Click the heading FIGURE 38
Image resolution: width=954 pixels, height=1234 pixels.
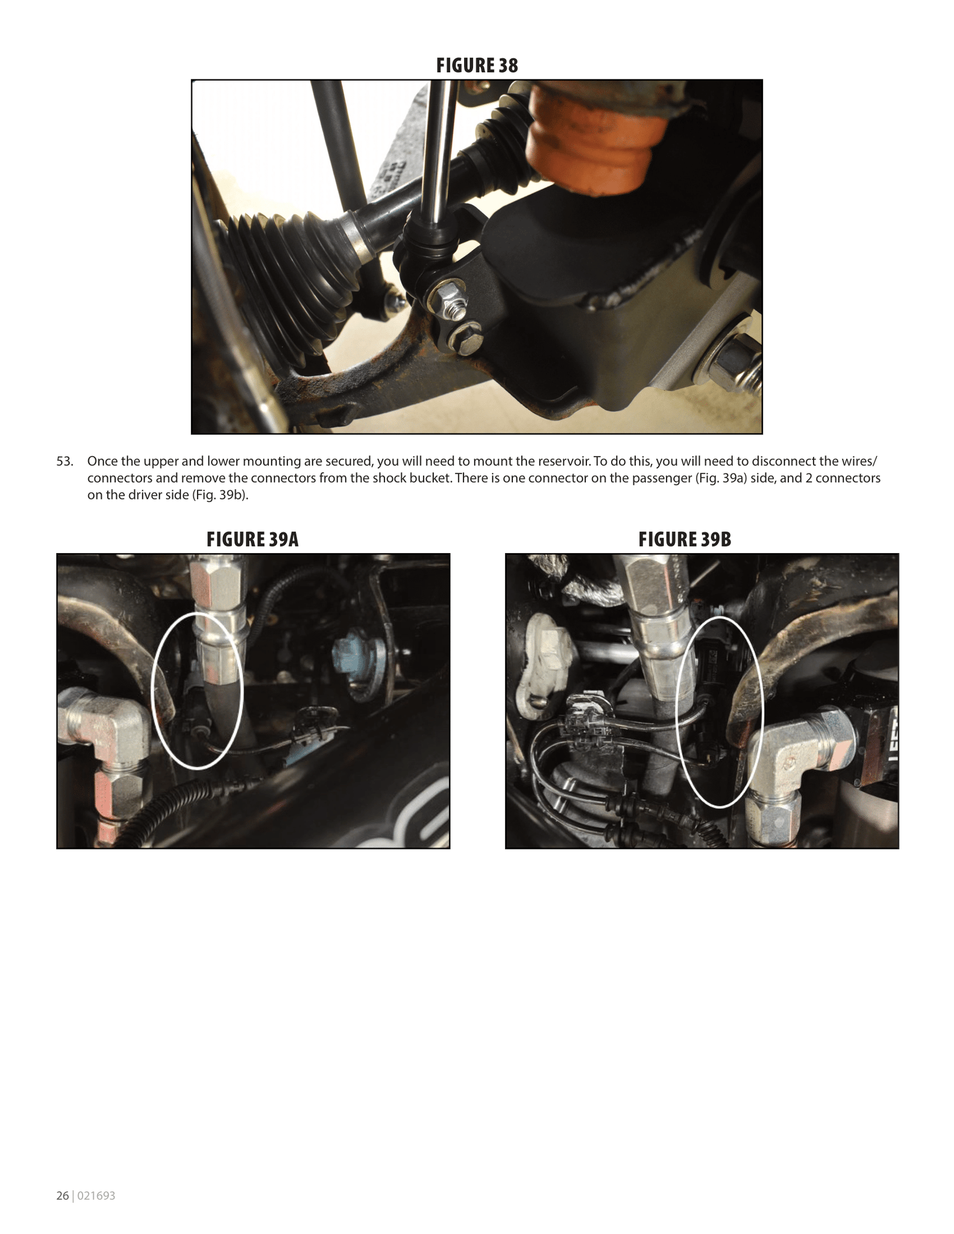point(477,65)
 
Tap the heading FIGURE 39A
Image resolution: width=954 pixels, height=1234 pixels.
point(253,539)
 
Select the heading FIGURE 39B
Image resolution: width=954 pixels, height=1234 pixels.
point(685,539)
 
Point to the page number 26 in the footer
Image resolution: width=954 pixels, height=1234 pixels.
point(63,1196)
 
